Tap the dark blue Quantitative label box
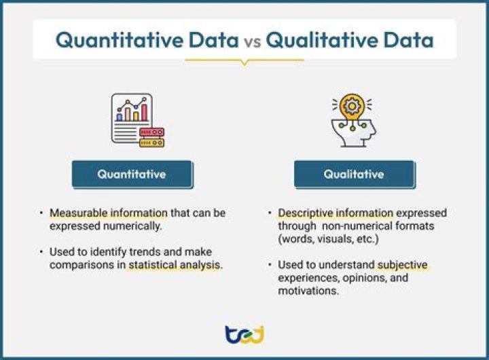click(x=131, y=174)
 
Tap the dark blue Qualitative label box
click(x=353, y=174)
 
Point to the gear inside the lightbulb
click(x=352, y=107)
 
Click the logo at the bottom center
click(x=244, y=334)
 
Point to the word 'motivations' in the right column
click(x=306, y=291)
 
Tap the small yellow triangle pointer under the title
click(x=244, y=62)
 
